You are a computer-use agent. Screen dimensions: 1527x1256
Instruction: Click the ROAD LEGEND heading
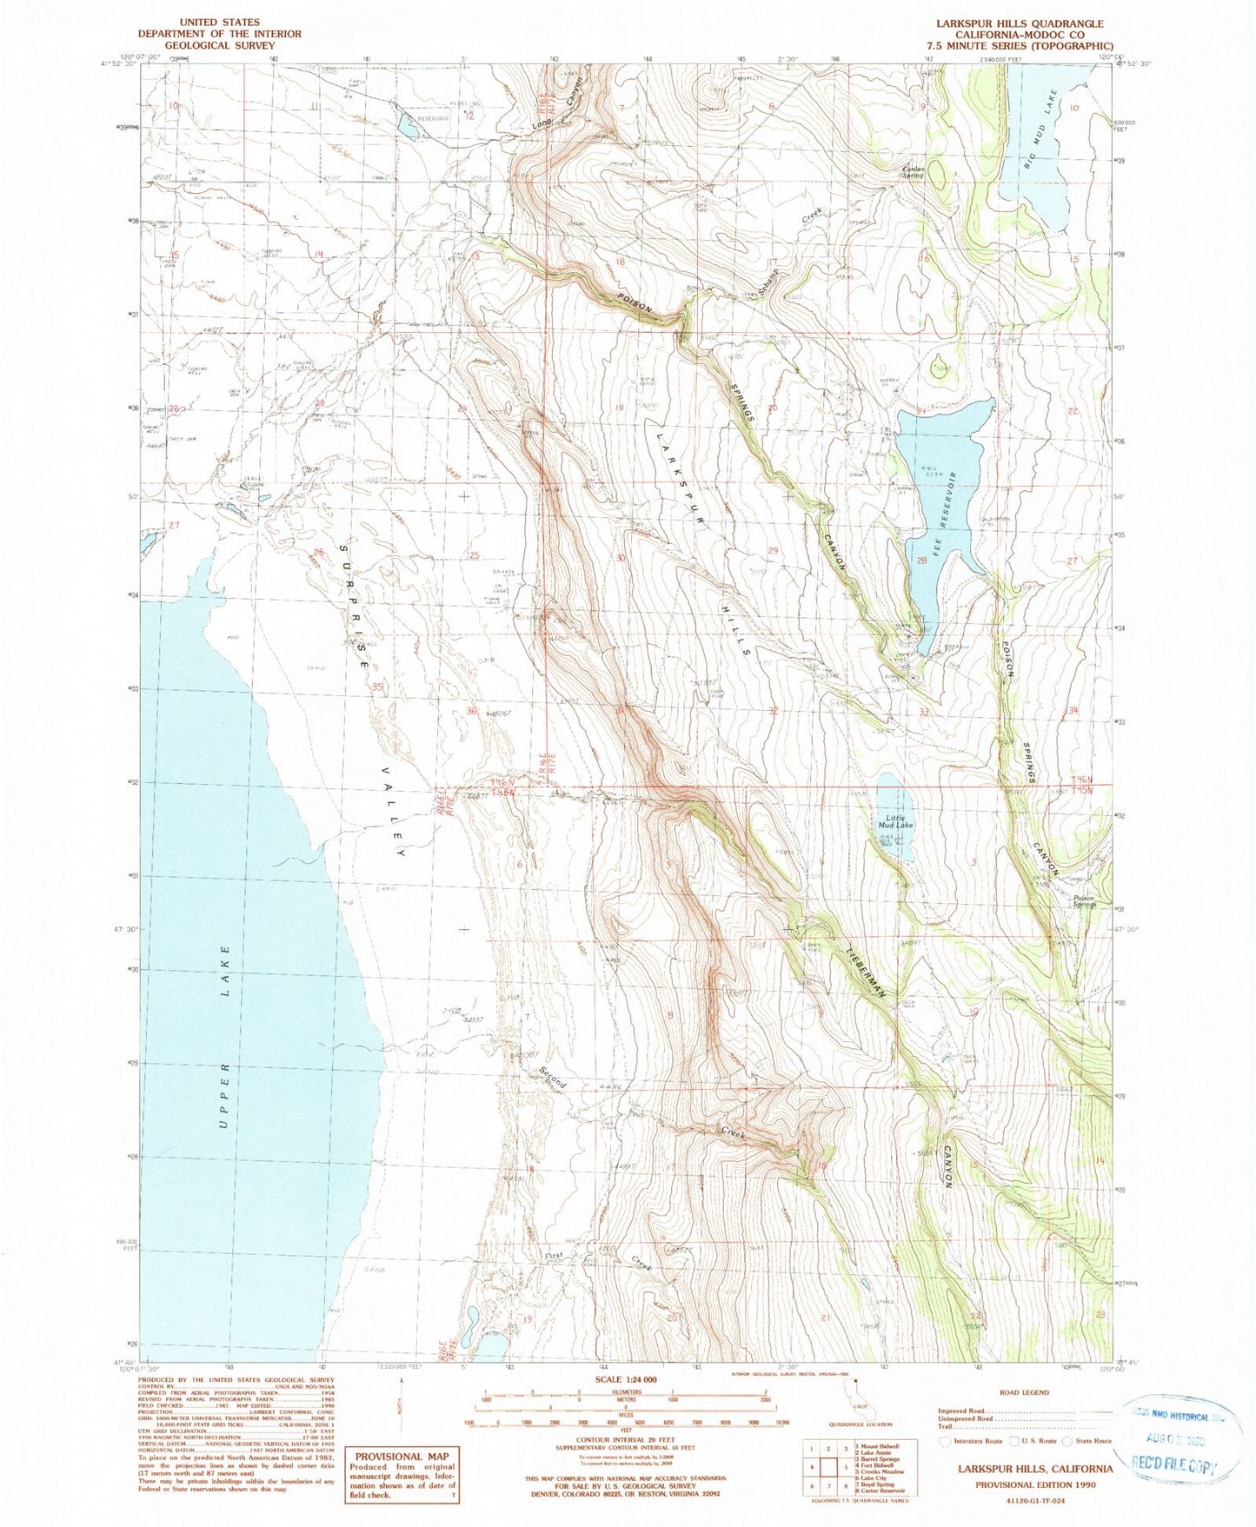[1023, 1392]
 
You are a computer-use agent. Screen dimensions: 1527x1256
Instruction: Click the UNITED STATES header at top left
[219, 22]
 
